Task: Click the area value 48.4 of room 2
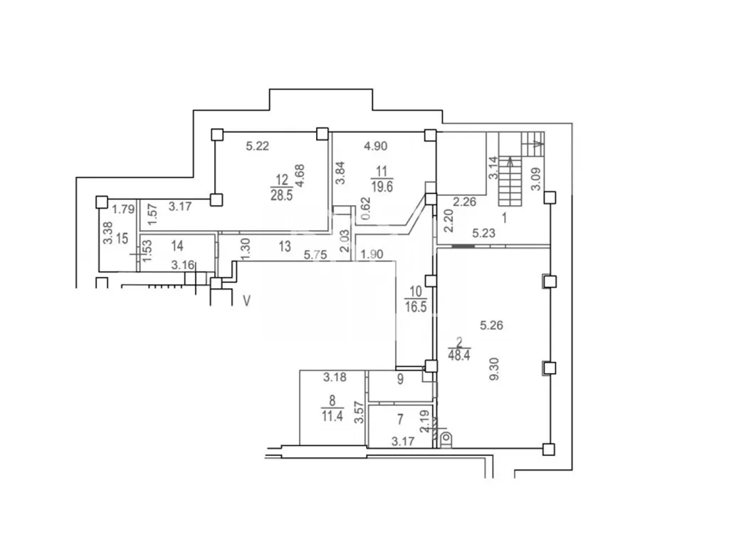tap(459, 355)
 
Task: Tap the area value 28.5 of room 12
tap(282, 194)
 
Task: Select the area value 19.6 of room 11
tap(382, 187)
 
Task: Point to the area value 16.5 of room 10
tap(416, 307)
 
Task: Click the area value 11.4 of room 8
tap(332, 415)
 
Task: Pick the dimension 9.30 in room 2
tap(494, 369)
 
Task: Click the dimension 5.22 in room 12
tap(258, 146)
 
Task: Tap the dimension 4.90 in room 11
tap(376, 146)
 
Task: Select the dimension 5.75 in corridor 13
tap(315, 255)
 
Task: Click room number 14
tap(177, 245)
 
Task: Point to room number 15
tap(122, 239)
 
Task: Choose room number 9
tap(400, 379)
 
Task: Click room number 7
tap(400, 420)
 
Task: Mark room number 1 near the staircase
tap(505, 218)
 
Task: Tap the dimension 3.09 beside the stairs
tap(536, 179)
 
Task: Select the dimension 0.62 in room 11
tap(367, 209)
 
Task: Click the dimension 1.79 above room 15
tap(123, 209)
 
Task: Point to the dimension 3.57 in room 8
tap(358, 412)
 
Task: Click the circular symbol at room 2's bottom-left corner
tap(446, 438)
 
